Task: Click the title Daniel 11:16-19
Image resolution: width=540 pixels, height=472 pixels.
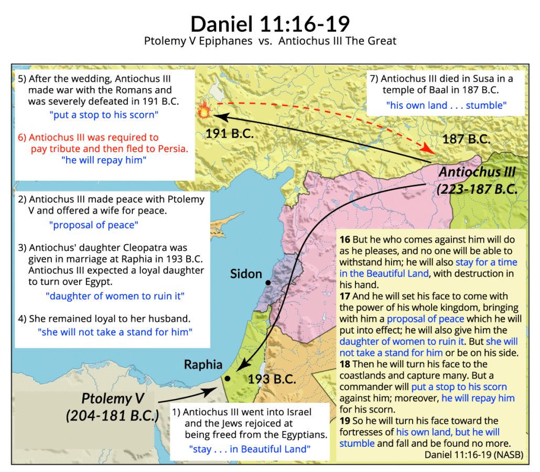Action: [270, 24]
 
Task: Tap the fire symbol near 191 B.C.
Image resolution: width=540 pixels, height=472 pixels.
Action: [203, 111]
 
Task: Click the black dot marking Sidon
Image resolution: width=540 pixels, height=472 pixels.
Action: [268, 283]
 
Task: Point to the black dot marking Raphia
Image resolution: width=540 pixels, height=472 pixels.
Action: [227, 378]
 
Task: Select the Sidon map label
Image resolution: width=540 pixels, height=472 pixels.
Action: [245, 273]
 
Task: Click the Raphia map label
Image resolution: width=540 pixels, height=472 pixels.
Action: [202, 365]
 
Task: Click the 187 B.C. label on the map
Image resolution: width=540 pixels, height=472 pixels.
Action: [467, 139]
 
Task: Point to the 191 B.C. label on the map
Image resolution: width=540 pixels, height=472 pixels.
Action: [230, 133]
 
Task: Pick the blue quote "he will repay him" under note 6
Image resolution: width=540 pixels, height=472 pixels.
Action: [104, 160]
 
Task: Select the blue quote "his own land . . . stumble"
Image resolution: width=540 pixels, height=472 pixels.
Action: [446, 105]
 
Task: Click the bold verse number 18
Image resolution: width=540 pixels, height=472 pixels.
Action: [345, 364]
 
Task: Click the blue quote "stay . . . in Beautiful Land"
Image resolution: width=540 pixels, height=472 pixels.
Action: [250, 448]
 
